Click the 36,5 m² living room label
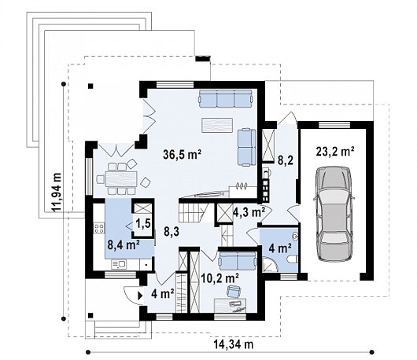183,154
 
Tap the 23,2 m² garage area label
335,152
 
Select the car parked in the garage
334,214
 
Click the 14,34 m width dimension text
234,344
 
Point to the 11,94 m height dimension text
57,192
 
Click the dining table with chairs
121,178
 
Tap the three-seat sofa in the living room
225,98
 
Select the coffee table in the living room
217,125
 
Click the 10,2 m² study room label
220,278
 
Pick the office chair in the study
234,291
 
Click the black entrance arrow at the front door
140,296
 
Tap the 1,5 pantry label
143,223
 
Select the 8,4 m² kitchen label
124,244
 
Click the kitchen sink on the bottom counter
119,264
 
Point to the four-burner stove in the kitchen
99,229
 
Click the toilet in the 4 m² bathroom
293,259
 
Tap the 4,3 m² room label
249,212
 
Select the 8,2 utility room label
286,160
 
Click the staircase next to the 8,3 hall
194,212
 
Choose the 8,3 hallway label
172,232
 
